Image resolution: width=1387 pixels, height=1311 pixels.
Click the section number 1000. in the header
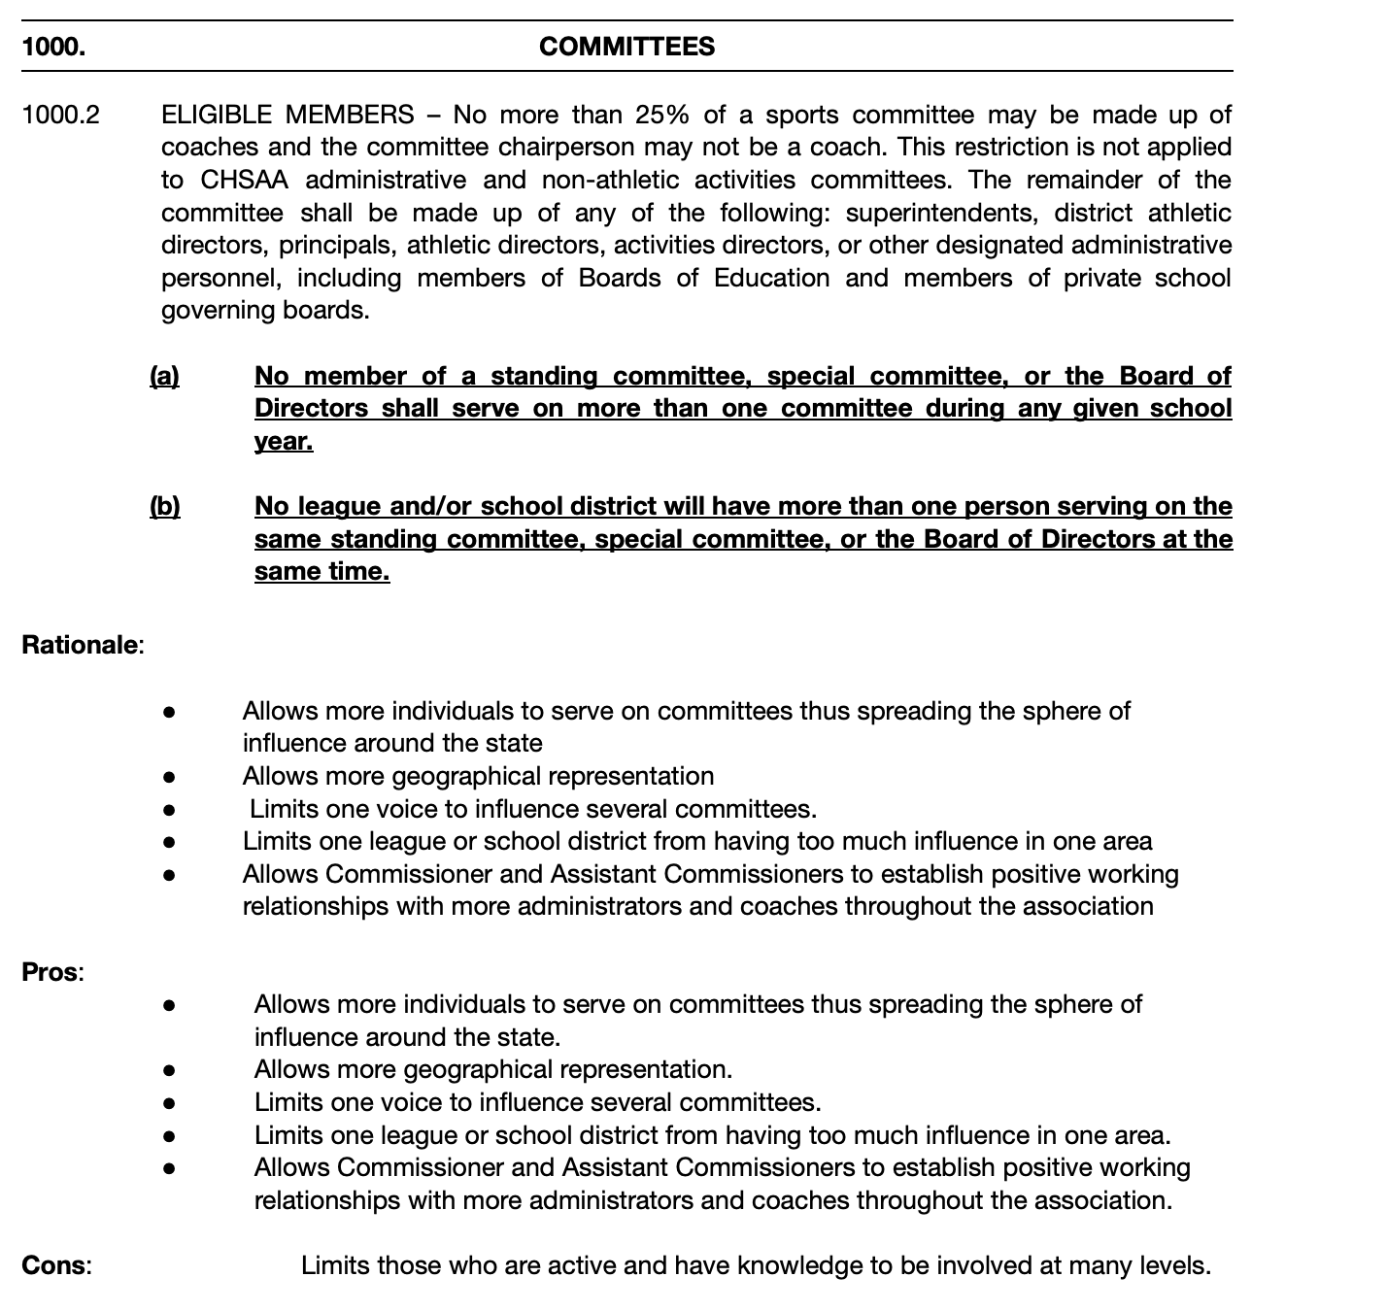pos(52,47)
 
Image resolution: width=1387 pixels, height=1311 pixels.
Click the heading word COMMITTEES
pos(626,47)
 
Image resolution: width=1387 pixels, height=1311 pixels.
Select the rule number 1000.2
pos(60,115)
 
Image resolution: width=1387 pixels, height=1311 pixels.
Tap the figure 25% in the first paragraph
pos(662,115)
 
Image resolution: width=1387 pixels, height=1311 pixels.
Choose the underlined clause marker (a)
pos(164,376)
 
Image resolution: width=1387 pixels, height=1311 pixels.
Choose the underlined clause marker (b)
pos(164,506)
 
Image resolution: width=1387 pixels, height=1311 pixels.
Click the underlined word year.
pos(284,441)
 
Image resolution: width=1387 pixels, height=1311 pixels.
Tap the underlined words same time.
pos(321,571)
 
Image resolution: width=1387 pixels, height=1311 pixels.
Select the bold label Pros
pos(51,972)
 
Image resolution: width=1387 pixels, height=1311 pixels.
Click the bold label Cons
pos(55,1265)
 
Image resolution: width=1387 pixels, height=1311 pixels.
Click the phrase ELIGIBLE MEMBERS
pos(288,115)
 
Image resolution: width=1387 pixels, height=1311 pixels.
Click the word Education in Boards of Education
pos(772,278)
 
